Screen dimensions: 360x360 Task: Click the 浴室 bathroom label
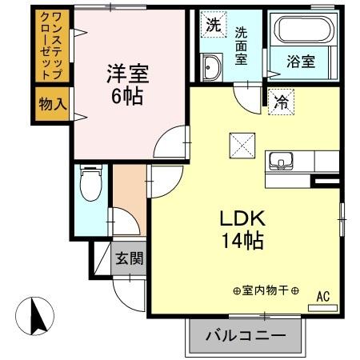pos(302,60)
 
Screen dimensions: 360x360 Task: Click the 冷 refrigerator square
pos(281,102)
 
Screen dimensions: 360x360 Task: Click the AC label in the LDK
pos(323,296)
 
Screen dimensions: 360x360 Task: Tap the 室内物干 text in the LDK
pos(266,290)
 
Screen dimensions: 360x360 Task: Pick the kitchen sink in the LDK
pos(283,161)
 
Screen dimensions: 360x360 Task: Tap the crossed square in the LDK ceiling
pos(241,145)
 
